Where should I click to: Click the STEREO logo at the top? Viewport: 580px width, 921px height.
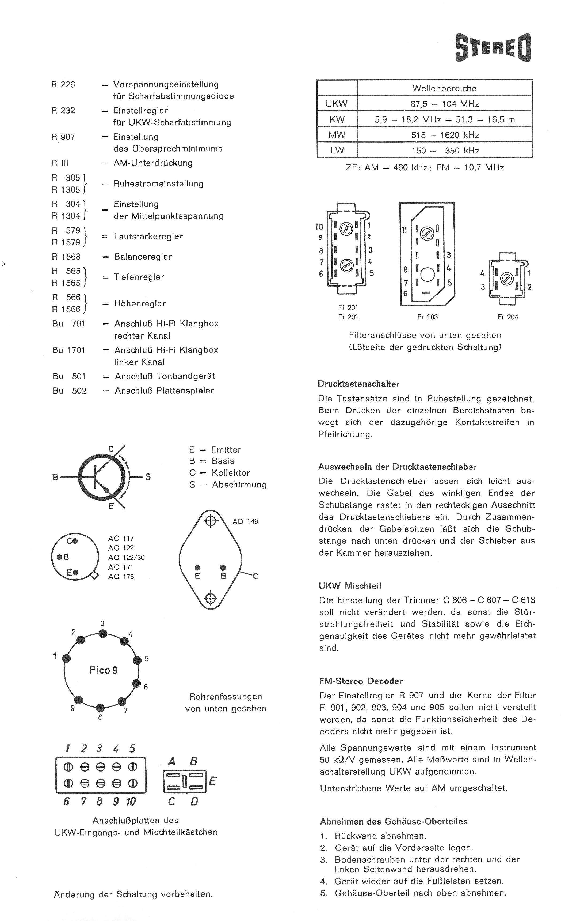coord(493,48)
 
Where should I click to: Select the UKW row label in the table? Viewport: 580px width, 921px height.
coord(336,104)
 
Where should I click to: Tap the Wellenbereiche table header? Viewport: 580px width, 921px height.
coord(444,88)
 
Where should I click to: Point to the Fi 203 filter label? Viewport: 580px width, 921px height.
coord(428,317)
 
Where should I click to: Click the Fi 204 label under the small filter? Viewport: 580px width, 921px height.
coord(508,317)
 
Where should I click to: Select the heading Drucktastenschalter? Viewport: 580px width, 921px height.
coord(358,384)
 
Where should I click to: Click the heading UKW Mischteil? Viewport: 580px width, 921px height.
coord(350,586)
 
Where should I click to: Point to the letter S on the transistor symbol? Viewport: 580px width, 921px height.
coord(148,477)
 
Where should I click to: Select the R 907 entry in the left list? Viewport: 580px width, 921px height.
coord(63,137)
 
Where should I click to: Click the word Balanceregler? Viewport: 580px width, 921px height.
coord(143,257)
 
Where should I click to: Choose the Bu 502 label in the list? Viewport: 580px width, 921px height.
coord(69,390)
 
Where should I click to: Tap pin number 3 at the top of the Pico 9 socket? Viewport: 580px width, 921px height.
coord(102,623)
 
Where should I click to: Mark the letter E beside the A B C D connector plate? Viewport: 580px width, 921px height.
coord(212,781)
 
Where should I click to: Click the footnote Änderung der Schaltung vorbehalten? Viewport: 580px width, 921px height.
coord(133,894)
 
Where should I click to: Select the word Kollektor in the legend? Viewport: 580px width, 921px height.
coord(231,473)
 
